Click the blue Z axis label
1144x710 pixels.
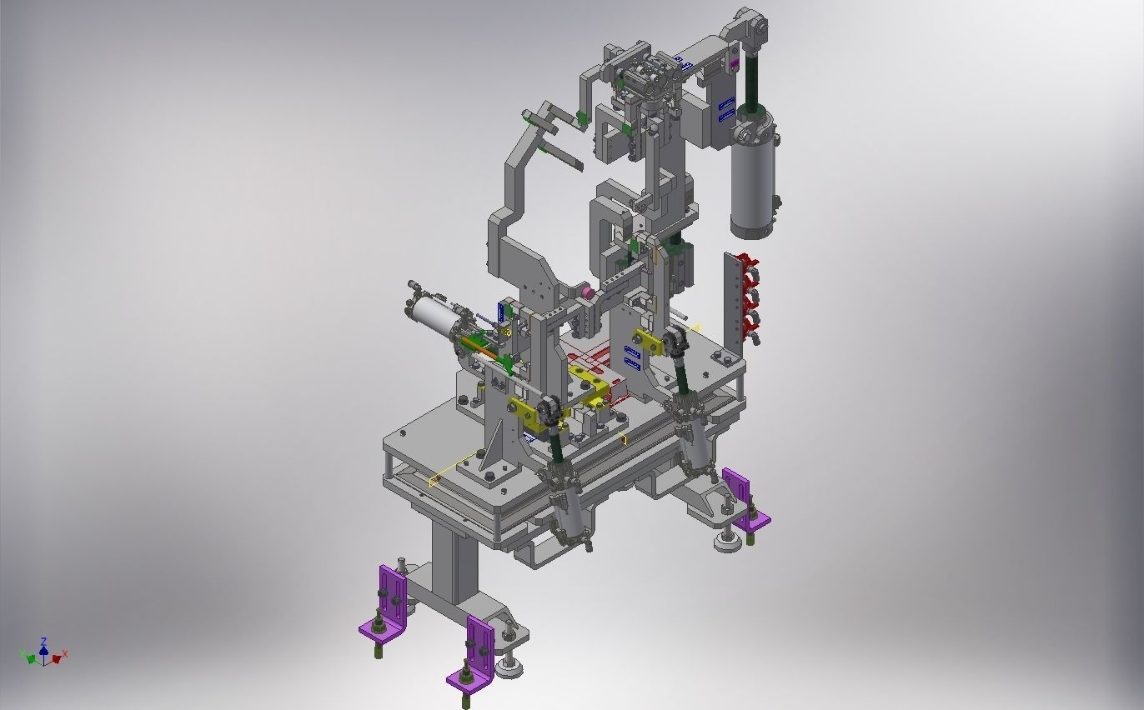[x=44, y=642]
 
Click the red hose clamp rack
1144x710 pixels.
[x=744, y=296]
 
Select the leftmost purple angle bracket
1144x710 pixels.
[x=389, y=600]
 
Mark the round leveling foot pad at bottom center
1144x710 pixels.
[x=508, y=667]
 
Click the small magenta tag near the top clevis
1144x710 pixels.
[x=734, y=63]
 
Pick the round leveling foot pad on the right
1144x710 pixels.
[x=725, y=544]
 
